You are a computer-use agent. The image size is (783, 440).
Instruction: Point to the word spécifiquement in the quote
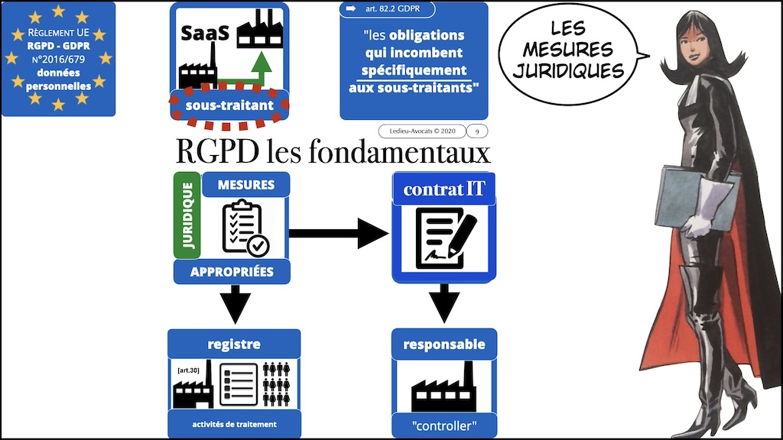[413, 70]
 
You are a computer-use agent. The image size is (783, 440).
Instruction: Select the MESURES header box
[245, 184]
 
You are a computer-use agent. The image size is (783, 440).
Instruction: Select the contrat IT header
[443, 189]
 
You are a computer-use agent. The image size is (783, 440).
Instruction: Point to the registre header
[234, 344]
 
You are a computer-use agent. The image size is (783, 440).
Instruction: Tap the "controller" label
[443, 424]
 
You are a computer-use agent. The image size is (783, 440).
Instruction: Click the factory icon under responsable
[443, 389]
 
